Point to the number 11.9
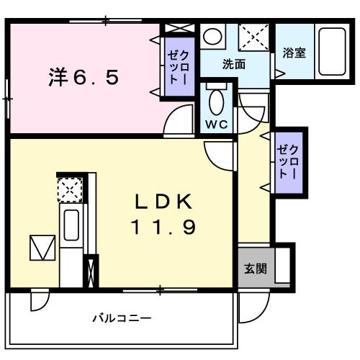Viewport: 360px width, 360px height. pos(162,228)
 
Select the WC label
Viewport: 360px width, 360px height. pos(215,124)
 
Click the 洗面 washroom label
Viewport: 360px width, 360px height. pos(234,64)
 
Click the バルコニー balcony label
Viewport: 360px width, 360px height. pos(122,318)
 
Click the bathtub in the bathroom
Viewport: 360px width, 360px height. pos(331,53)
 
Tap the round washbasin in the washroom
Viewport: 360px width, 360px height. pos(212,37)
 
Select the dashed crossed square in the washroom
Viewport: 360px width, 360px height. pos(253,36)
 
